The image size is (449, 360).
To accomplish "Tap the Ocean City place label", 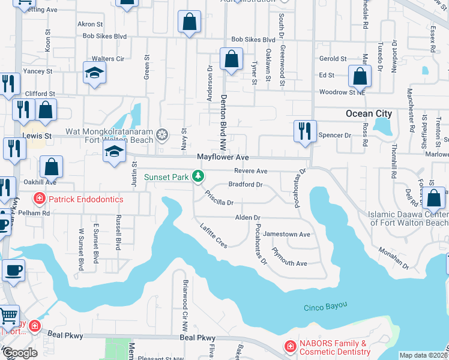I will (x=369, y=113).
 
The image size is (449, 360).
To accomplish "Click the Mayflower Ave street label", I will (x=223, y=157).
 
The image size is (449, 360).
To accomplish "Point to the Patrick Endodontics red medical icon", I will (x=39, y=199).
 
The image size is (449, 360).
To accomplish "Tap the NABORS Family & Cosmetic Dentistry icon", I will (x=290, y=346).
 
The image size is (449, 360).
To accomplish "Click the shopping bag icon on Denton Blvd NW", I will (x=231, y=59).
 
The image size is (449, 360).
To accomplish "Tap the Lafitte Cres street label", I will (x=213, y=233).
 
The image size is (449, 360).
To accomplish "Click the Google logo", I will (x=20, y=353).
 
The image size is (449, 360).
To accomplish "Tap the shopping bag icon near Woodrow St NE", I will (x=359, y=77).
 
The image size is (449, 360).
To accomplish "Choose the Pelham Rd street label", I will (x=37, y=213).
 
